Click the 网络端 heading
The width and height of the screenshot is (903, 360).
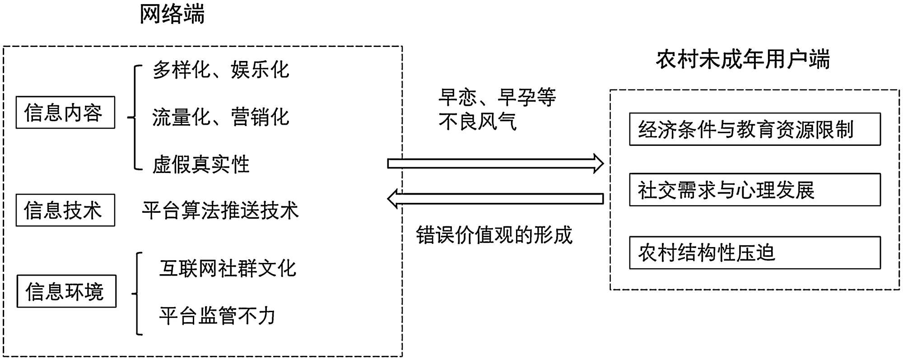(x=172, y=14)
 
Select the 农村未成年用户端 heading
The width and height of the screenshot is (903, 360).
(x=743, y=60)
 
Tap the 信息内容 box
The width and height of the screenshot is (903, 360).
(x=65, y=112)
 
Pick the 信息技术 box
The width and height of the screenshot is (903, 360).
(x=65, y=210)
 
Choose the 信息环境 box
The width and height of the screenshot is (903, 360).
(x=66, y=291)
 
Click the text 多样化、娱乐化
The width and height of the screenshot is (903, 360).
(x=221, y=70)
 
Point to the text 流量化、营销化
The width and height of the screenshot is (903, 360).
(x=221, y=117)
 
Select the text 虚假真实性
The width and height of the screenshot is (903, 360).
(x=201, y=164)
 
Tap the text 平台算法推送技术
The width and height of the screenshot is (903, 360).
(x=220, y=210)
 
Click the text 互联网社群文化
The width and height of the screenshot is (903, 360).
(x=228, y=268)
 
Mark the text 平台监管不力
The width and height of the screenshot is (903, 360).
(x=217, y=315)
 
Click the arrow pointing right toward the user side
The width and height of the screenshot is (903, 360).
(x=495, y=164)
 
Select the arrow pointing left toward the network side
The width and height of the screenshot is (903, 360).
(x=495, y=199)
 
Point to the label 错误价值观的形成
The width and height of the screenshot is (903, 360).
(x=494, y=235)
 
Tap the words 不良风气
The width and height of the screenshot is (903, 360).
(x=478, y=122)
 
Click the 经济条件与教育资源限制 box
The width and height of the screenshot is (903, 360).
(x=754, y=129)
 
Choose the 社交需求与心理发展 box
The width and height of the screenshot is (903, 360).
(x=754, y=190)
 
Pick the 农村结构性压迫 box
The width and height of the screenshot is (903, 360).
(x=754, y=252)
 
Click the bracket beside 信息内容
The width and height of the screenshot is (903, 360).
(x=135, y=117)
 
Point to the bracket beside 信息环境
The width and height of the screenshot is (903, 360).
(x=137, y=294)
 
